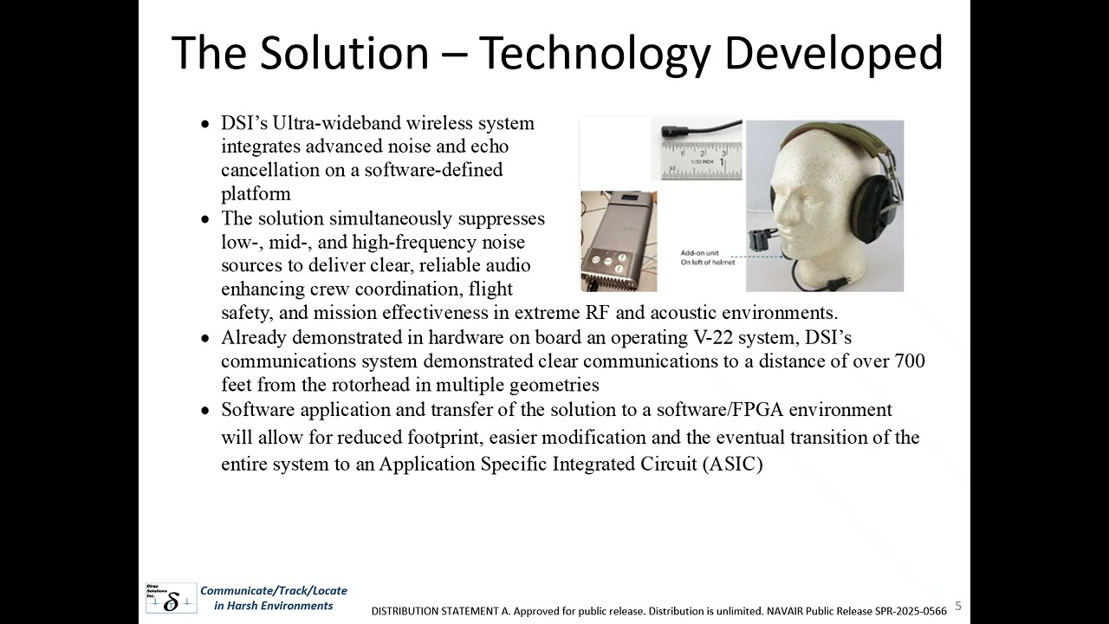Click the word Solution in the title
click(343, 53)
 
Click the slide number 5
click(958, 606)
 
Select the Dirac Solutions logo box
click(171, 598)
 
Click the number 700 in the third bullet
click(908, 361)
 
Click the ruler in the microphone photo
click(702, 160)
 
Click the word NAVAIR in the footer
click(786, 611)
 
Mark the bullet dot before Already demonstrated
click(205, 338)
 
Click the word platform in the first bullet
click(256, 193)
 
